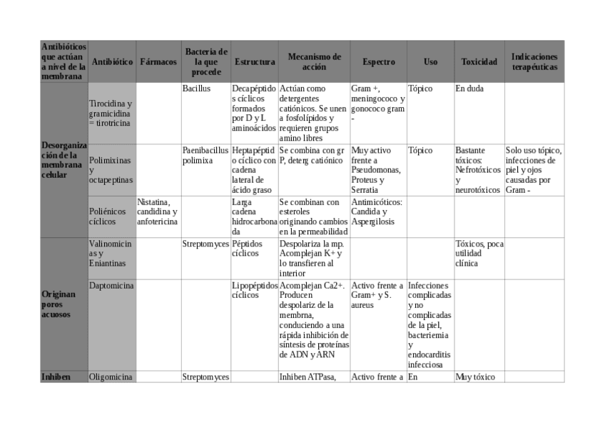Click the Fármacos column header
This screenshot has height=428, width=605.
[158, 62]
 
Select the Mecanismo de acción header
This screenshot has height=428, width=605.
[314, 62]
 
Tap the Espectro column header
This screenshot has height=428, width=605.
[378, 62]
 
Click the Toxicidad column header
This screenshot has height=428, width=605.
[479, 62]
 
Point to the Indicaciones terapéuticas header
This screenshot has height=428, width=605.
[534, 62]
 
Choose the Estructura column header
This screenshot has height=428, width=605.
[255, 62]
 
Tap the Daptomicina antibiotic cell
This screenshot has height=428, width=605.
[111, 286]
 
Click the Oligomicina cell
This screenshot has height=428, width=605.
[111, 377]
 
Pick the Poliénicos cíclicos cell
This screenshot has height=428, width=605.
[111, 217]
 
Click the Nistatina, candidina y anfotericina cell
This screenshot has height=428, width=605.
[158, 211]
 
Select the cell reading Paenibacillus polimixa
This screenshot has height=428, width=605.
[205, 156]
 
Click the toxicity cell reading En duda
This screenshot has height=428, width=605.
[469, 89]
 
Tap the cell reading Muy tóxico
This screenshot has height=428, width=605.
[475, 377]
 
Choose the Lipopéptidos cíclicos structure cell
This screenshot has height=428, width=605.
[255, 290]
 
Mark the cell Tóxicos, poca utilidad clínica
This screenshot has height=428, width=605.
[479, 253]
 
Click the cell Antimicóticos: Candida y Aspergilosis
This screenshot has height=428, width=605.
[377, 211]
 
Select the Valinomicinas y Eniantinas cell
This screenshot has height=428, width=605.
[111, 253]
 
